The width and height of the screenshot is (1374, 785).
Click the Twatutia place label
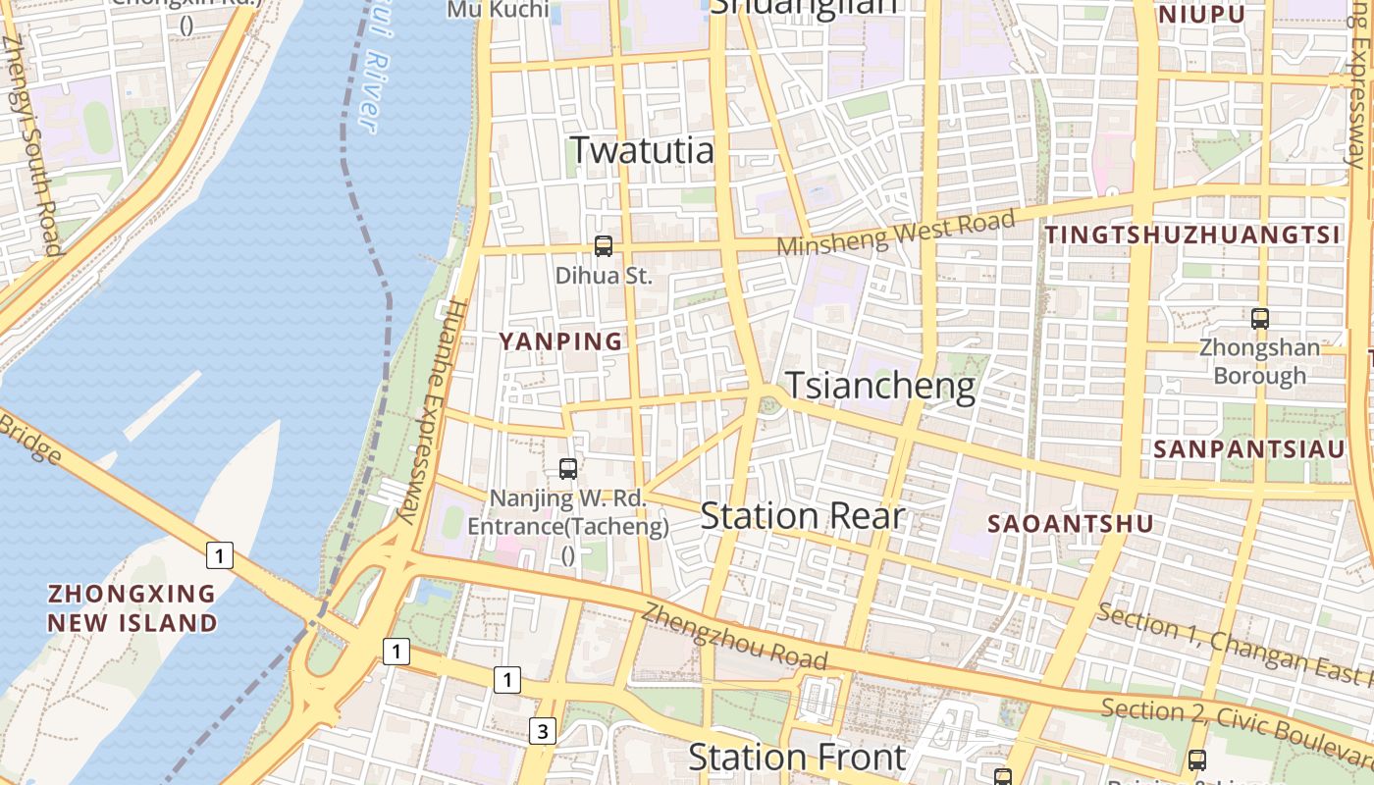click(641, 150)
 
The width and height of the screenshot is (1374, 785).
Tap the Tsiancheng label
click(880, 386)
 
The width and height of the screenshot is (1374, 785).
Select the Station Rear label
click(801, 516)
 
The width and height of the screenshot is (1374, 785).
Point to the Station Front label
click(796, 757)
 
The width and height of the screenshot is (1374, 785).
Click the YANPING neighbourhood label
click(560, 341)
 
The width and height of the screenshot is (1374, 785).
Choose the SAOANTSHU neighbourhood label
click(1071, 524)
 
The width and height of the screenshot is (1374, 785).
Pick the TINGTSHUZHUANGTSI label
click(1192, 235)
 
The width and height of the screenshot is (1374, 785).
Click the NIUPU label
click(1202, 15)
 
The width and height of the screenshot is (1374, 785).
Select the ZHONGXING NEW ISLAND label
click(132, 608)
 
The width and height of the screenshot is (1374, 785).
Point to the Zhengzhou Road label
click(735, 637)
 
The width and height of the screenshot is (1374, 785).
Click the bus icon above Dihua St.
click(604, 246)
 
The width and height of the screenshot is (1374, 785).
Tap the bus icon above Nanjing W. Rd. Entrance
click(568, 469)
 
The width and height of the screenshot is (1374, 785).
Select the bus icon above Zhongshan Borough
click(1260, 319)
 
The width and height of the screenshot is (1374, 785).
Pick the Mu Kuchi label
click(498, 10)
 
